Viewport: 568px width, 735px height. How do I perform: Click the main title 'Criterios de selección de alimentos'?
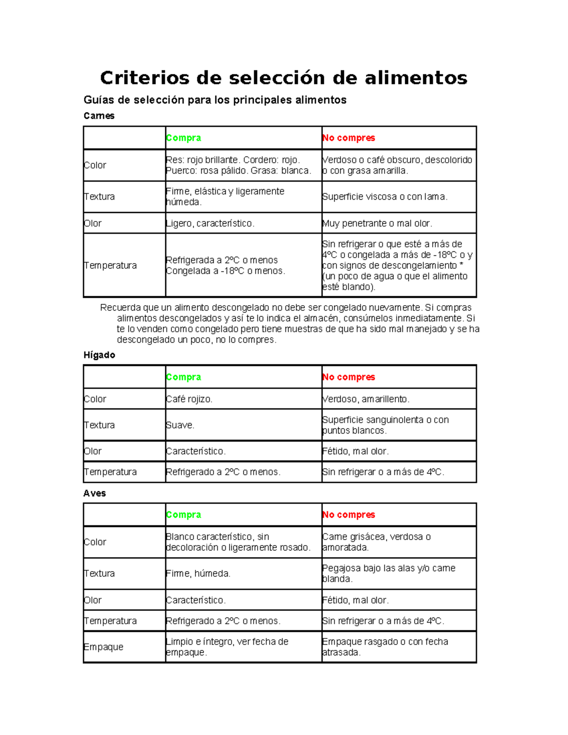(284, 78)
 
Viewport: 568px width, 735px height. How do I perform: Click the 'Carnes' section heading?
(99, 116)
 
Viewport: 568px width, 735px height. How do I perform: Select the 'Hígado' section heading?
(99, 355)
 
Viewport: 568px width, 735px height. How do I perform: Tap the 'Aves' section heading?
(95, 493)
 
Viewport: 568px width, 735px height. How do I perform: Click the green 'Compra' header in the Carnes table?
(184, 138)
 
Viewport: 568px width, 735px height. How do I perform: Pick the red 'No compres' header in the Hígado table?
(349, 377)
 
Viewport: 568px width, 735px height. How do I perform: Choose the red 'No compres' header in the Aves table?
(349, 514)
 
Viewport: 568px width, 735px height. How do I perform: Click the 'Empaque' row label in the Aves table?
(104, 647)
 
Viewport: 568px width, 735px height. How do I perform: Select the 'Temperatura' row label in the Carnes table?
(110, 266)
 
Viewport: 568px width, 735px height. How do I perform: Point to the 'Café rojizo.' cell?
(189, 399)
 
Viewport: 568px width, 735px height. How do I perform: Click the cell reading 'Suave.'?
(180, 425)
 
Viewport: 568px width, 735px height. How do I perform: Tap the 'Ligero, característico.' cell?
(210, 223)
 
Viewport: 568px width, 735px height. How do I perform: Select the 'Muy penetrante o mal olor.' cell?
(377, 223)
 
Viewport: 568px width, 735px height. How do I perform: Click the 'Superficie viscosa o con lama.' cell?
(385, 196)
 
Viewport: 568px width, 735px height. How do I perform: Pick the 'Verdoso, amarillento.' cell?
(366, 399)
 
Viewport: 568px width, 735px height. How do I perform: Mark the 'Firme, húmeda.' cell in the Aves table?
(198, 574)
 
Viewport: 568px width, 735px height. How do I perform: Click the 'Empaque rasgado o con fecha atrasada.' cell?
(385, 647)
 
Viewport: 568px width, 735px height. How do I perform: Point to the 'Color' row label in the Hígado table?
(95, 399)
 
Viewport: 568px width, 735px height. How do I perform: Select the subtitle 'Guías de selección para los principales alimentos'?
(215, 100)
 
